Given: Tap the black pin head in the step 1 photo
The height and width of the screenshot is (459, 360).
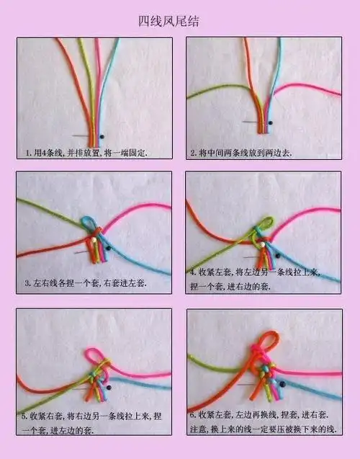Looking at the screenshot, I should pos(102,136).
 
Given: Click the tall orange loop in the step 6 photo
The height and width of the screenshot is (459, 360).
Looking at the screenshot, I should pos(269,340).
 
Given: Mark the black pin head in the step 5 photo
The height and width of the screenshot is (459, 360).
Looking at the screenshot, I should pos(109,388).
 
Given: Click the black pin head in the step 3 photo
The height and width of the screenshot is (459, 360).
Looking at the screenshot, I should pos(108,248).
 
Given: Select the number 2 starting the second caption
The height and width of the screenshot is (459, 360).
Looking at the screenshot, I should pos(192,153).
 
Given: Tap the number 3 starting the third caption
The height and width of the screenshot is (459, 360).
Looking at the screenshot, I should pos(27,283).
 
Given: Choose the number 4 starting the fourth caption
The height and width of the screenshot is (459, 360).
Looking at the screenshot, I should pos(192,273).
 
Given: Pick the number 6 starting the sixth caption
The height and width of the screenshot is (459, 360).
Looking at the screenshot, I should pos(192,416).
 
